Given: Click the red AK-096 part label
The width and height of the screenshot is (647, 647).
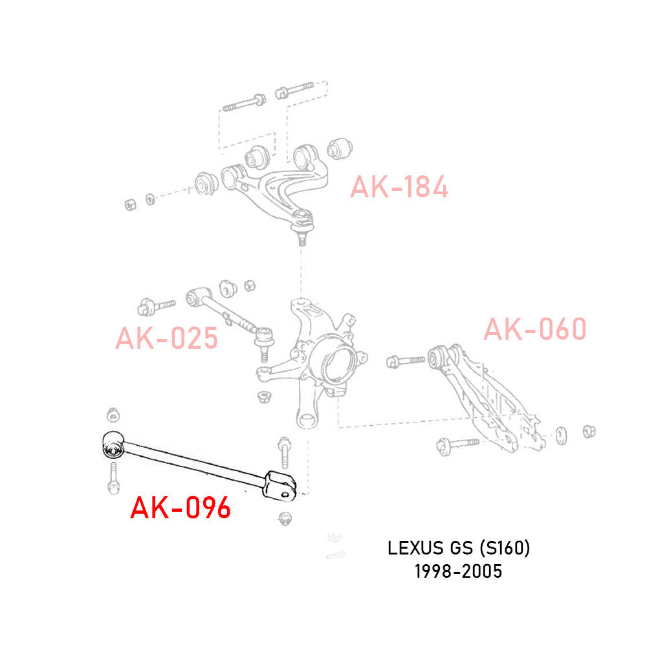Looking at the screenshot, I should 181,508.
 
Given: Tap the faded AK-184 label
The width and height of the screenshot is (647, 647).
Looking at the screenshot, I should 399,188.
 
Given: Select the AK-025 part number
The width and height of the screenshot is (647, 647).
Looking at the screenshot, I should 166,338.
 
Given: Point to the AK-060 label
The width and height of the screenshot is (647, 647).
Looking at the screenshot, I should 535,329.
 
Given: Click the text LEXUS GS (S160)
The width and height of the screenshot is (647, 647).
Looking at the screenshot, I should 459,549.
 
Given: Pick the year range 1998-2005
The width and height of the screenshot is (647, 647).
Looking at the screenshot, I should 459,572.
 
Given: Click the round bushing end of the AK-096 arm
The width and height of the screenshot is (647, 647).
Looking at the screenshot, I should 113,445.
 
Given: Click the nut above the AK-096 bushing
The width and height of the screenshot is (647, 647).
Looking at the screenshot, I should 113,414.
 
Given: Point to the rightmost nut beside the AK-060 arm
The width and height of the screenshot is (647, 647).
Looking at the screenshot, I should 589,431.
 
